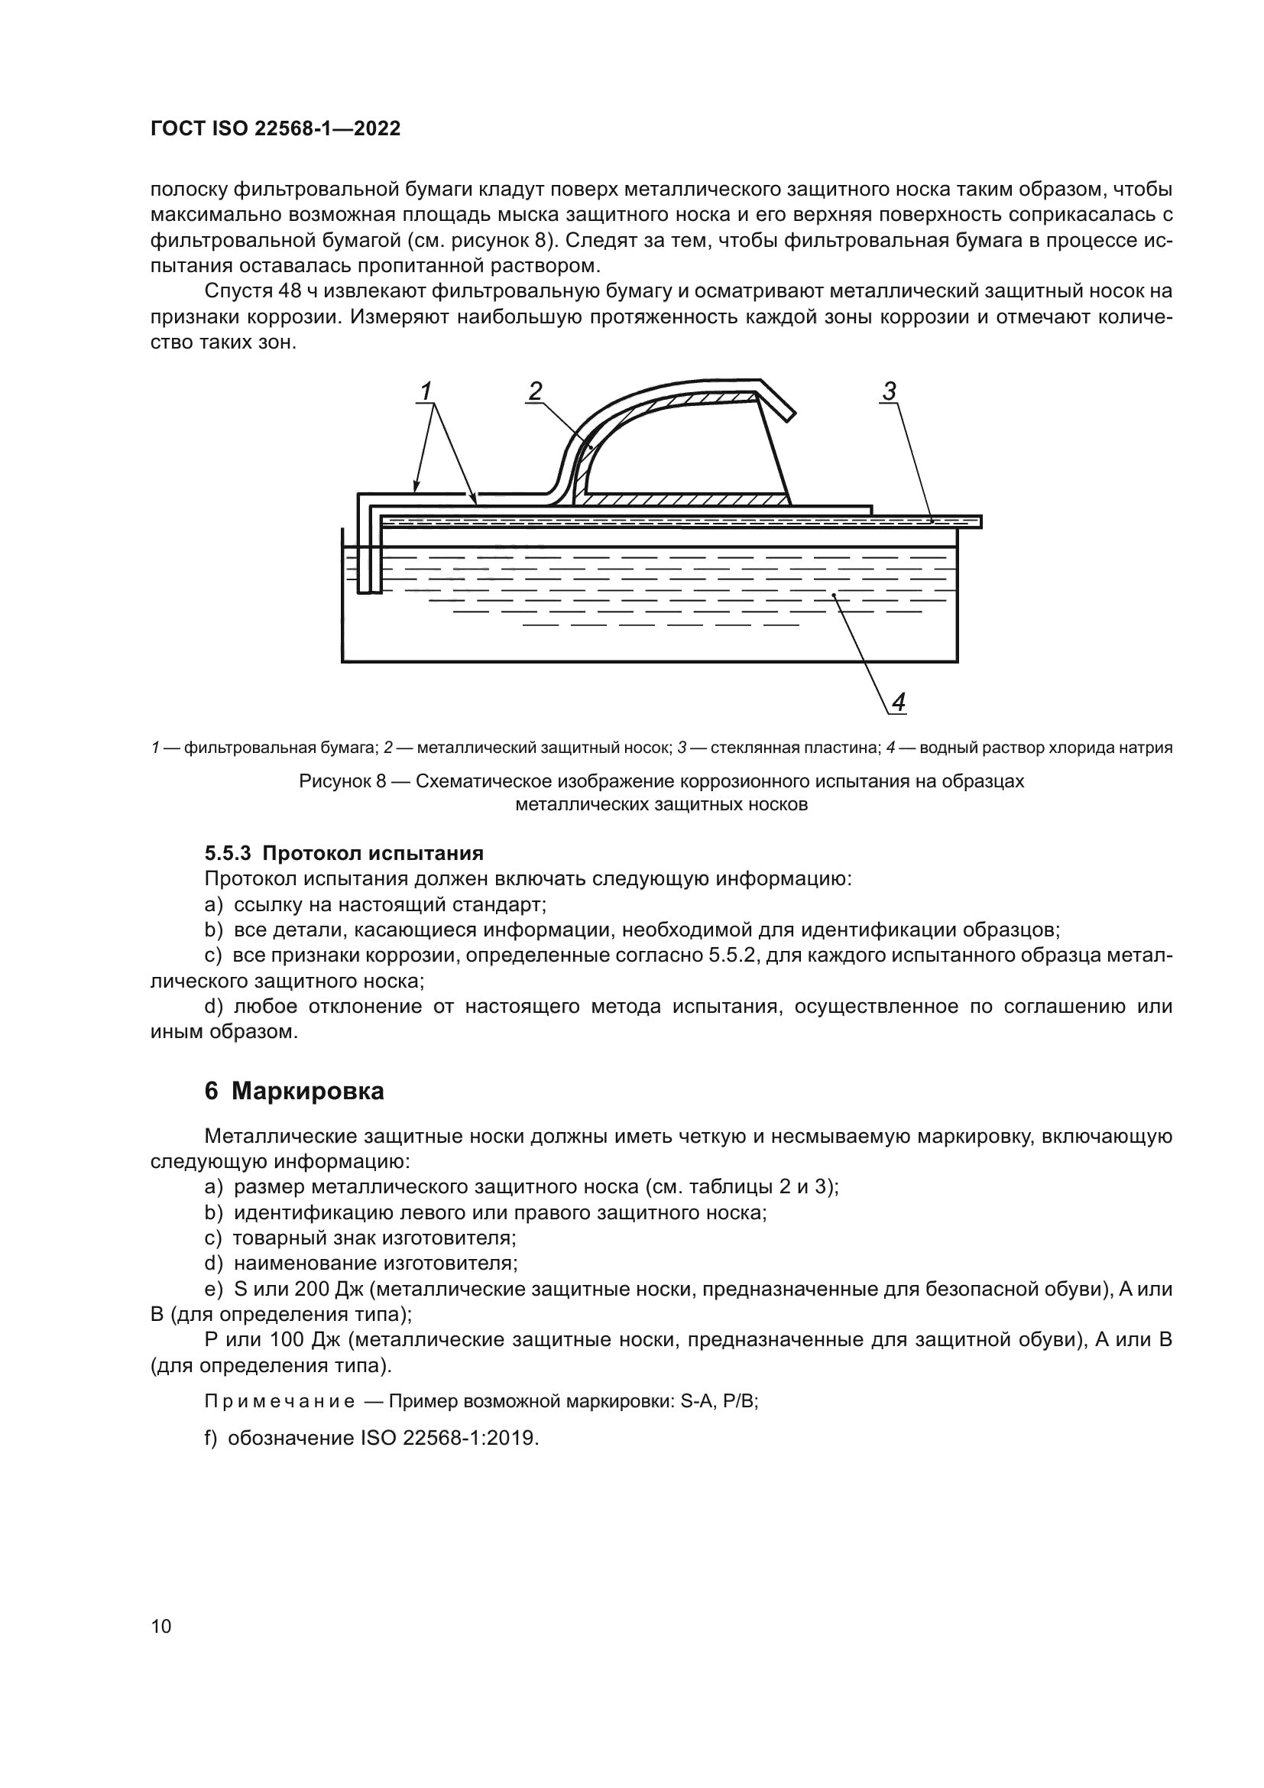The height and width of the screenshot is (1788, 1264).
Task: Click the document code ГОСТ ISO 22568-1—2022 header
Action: pos(275,129)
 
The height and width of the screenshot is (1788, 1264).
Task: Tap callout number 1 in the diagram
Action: pos(426,391)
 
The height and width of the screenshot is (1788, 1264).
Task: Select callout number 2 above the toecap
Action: pos(535,391)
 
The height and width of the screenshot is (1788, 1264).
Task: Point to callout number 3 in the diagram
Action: pos(890,391)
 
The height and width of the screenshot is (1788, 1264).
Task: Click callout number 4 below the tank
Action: pos(898,703)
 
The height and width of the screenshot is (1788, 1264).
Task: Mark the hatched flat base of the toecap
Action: pos(685,499)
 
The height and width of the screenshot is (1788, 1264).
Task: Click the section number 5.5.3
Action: pos(227,854)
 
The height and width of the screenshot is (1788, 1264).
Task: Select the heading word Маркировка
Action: pos(307,1091)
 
